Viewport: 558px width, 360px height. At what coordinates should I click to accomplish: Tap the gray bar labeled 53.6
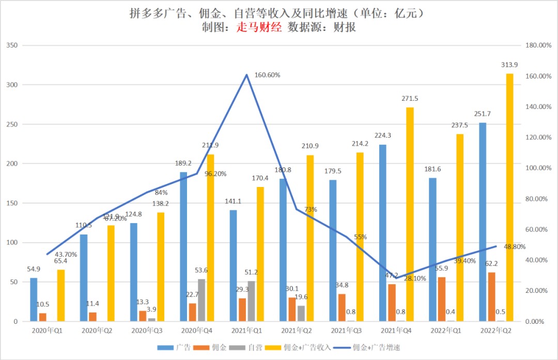click(x=201, y=300)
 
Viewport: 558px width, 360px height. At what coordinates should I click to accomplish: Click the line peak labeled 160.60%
click(x=246, y=75)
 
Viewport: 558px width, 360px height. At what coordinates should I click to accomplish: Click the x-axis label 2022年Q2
click(x=495, y=330)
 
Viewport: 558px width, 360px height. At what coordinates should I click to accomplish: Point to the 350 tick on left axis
click(x=11, y=45)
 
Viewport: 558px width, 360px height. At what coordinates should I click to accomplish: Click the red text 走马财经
click(x=258, y=28)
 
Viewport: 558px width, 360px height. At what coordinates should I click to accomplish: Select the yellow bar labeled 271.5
click(x=410, y=214)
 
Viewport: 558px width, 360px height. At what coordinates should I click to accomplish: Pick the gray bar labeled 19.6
click(x=301, y=314)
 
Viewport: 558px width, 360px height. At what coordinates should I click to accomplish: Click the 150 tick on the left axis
click(x=11, y=203)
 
